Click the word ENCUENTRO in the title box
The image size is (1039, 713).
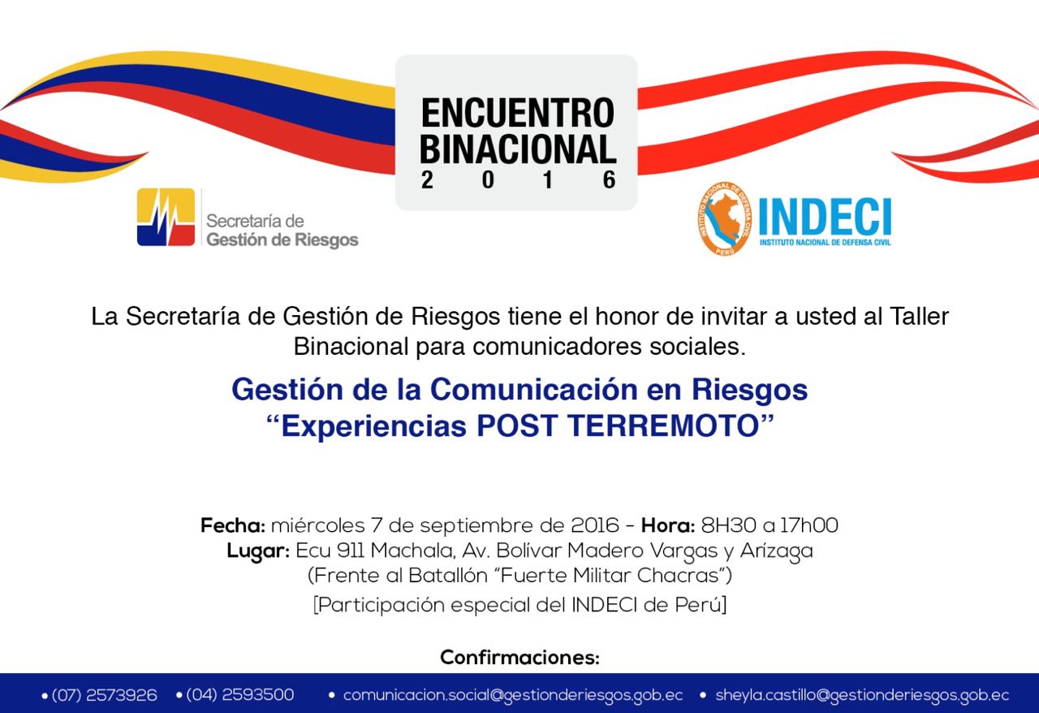[518, 113]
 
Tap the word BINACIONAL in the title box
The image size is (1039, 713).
[518, 149]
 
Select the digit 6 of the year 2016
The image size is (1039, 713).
[610, 180]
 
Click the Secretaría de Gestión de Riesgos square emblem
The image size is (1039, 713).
[166, 217]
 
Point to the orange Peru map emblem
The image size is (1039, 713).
[725, 218]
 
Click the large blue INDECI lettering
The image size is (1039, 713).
[825, 218]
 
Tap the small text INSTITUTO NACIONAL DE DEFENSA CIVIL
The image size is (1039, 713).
[826, 242]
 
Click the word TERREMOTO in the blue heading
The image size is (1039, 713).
[663, 426]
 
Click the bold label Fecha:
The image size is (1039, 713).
[232, 525]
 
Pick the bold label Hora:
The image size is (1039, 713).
[668, 525]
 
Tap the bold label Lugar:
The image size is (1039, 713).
[258, 551]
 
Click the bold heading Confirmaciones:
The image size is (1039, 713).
[519, 657]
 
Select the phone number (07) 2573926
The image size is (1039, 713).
[104, 695]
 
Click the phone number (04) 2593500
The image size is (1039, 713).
[239, 695]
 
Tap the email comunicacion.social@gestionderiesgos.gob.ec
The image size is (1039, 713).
[513, 695]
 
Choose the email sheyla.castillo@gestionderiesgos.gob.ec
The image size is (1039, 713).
[862, 695]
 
